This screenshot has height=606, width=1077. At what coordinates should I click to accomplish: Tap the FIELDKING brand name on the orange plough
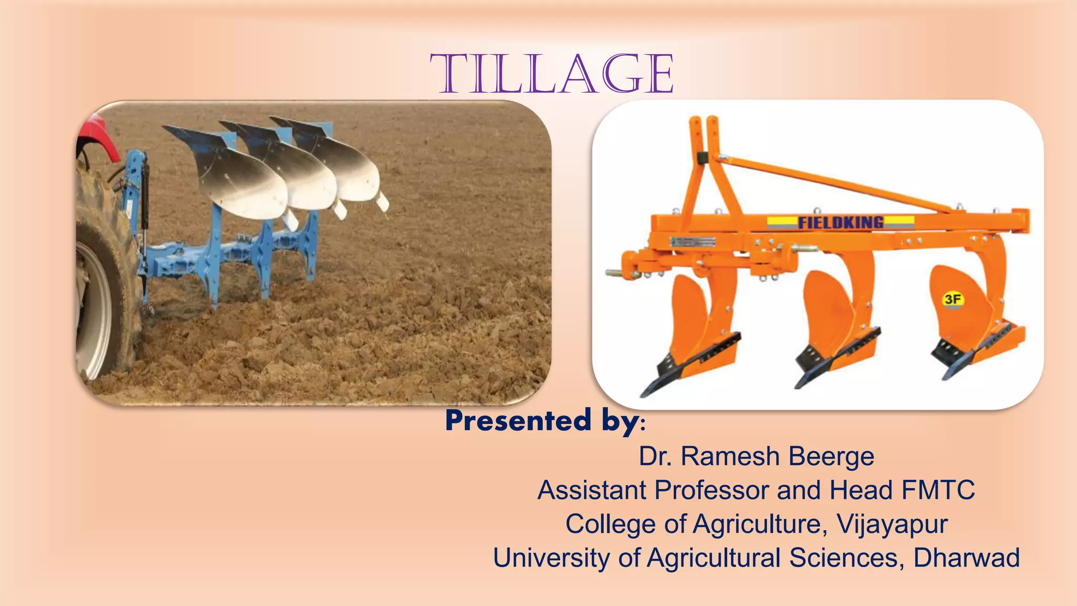point(840,223)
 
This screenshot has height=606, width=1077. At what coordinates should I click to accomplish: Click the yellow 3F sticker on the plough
point(952,300)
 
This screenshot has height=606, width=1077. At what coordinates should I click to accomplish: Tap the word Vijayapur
point(892,524)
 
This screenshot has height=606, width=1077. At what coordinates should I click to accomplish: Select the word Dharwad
point(967,558)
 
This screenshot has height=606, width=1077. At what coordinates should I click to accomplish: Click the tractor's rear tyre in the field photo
point(103,295)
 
